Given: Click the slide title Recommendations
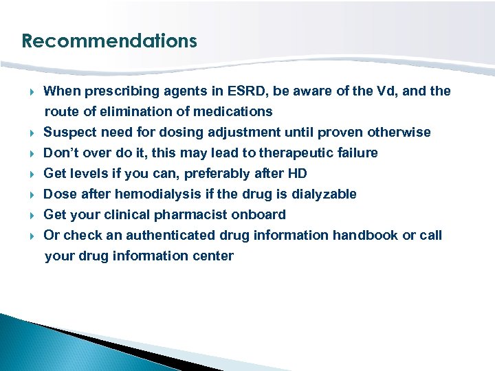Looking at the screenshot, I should pos(109,41).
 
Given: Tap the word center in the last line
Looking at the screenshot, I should pos(214,256).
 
